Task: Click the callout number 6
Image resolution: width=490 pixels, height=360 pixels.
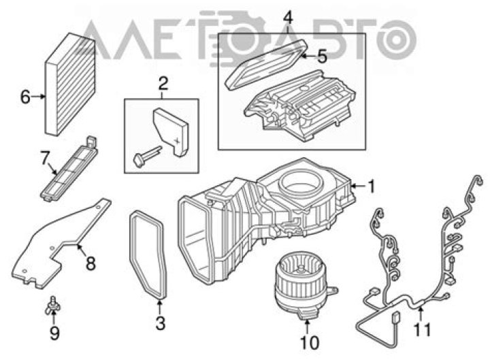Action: coord(25,97)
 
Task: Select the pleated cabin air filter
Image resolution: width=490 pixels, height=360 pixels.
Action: coord(70,84)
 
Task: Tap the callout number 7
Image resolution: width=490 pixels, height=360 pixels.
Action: coord(45,157)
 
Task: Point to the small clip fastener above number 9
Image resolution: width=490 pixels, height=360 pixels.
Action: coord(53,305)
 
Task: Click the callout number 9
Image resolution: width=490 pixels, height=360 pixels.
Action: coord(54,333)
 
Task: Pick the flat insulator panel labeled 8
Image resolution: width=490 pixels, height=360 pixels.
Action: coord(59,244)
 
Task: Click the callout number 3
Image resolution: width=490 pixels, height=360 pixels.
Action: coord(161,323)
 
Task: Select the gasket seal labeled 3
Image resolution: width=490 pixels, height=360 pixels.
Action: coord(147,254)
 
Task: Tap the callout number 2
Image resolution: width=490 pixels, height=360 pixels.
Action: coord(163,84)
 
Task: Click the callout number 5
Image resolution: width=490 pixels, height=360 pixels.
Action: coord(322,56)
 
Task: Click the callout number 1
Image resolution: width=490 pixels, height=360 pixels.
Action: coord(372,186)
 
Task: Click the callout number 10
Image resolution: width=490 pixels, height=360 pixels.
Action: coord(310,342)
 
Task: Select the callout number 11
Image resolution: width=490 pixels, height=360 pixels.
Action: coord(422,329)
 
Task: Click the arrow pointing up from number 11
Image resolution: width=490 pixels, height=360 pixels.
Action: coord(421,314)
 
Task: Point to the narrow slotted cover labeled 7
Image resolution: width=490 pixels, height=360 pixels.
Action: coord(69,169)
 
